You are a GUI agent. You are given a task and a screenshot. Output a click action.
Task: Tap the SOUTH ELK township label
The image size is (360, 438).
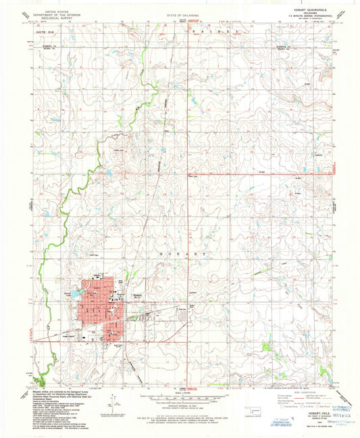[x=45, y=32]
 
